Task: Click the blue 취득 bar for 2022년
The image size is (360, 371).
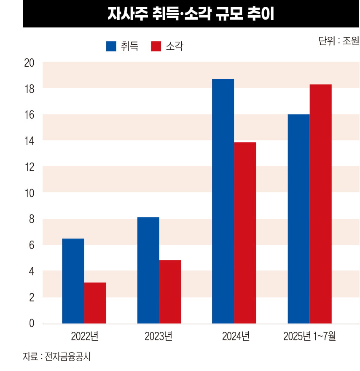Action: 73,281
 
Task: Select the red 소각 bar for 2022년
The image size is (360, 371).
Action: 95,303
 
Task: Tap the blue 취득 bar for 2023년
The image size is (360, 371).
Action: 148,270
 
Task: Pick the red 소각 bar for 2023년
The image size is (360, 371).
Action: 170,292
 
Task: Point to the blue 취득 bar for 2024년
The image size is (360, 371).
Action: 223,201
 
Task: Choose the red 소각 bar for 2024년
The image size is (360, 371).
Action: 245,233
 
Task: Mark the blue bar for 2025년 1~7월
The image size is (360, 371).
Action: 298,219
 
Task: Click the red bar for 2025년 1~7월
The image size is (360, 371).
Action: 320,204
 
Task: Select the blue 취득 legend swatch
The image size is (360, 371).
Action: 111,46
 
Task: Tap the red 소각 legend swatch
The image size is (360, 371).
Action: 156,46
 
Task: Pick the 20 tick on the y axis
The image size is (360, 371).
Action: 30,63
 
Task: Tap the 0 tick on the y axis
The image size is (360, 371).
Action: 32,324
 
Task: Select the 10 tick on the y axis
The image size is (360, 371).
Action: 30,193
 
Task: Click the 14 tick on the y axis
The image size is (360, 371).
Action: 30,141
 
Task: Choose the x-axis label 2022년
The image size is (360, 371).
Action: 85,336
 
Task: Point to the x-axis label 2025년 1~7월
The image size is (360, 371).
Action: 309,336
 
